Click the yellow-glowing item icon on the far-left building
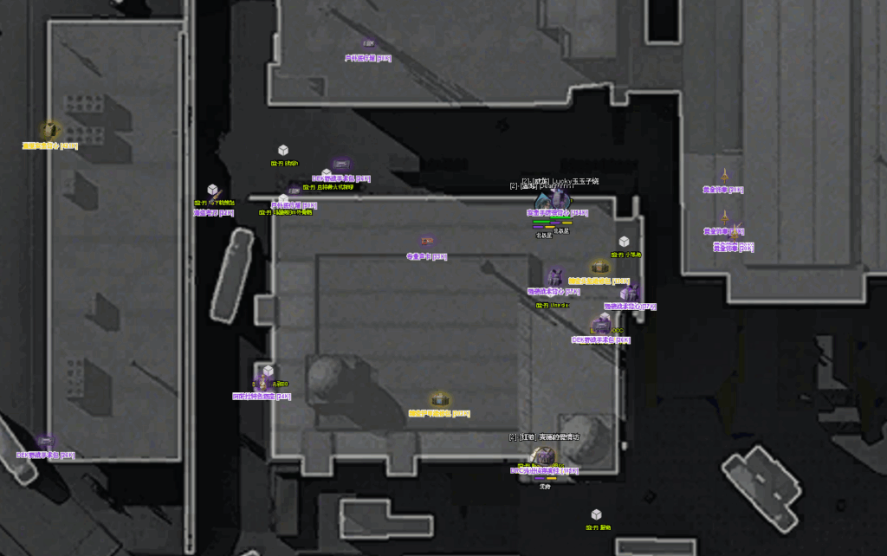pyautogui.click(x=50, y=131)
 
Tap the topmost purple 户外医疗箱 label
pyautogui.click(x=367, y=58)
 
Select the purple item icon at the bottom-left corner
pyautogui.click(x=46, y=443)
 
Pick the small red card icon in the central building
pyautogui.click(x=426, y=240)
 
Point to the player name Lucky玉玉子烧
pyautogui.click(x=572, y=181)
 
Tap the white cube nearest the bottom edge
pyautogui.click(x=596, y=514)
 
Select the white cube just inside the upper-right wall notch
pyautogui.click(x=624, y=242)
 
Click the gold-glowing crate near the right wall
pyautogui.click(x=599, y=267)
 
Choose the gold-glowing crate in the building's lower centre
pyautogui.click(x=440, y=399)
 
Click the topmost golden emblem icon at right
pyautogui.click(x=725, y=175)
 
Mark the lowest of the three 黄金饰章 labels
pyautogui.click(x=733, y=247)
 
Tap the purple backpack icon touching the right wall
pyautogui.click(x=631, y=293)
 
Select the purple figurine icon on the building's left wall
pyautogui.click(x=261, y=381)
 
